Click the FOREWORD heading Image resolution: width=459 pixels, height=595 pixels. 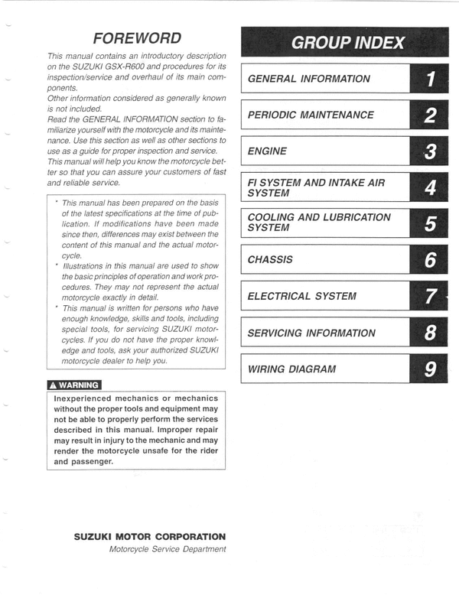[x=136, y=38]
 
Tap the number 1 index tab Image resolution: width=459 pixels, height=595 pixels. [x=430, y=79]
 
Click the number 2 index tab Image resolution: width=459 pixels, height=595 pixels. [x=430, y=115]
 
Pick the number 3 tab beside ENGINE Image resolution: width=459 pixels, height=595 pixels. [x=430, y=151]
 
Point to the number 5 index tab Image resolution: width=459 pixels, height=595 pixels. [x=430, y=224]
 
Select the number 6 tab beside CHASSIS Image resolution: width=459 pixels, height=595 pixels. [x=430, y=260]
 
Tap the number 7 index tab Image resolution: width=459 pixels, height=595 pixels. [x=430, y=297]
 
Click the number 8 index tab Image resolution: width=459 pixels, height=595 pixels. [x=430, y=333]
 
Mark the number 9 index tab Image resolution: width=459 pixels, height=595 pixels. [x=430, y=369]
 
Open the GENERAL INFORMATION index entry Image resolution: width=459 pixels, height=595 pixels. [x=308, y=79]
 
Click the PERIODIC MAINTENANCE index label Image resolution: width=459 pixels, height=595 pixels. [x=311, y=115]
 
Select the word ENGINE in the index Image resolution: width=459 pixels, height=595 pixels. [x=267, y=151]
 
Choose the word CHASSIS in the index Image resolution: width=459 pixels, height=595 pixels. [x=270, y=260]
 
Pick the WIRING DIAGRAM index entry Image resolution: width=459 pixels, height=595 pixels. [x=291, y=369]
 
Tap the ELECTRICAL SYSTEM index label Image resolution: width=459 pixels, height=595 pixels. [x=301, y=297]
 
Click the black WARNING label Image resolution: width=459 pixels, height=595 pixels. [x=73, y=385]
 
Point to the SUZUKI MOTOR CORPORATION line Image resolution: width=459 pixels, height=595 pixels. [x=149, y=537]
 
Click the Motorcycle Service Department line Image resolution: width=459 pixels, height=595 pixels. [x=168, y=549]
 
